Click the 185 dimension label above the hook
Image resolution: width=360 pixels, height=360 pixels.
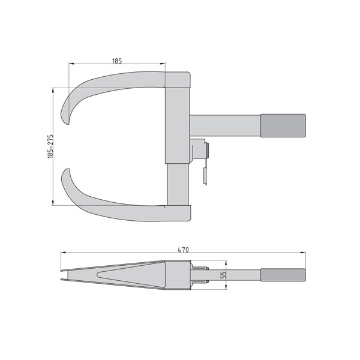click(117, 61)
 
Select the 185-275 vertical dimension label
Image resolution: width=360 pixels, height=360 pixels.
click(50, 146)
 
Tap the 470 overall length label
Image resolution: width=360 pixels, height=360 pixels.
click(183, 250)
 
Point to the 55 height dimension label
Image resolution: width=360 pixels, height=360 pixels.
click(223, 275)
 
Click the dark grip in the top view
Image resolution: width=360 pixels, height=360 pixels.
click(283, 125)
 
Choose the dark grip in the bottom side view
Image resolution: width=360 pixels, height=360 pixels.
click(283, 275)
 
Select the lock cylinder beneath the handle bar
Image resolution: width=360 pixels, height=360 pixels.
click(199, 150)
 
